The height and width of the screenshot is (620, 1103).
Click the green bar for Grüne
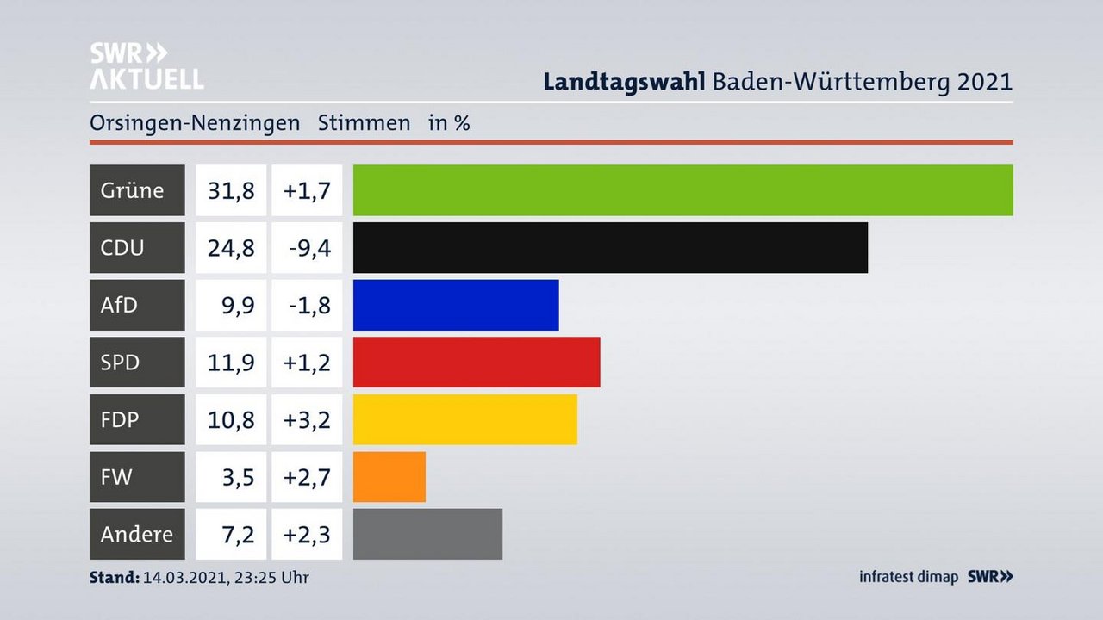[682, 190]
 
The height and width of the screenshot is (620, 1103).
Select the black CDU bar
[610, 248]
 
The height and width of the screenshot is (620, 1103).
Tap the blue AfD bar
[456, 305]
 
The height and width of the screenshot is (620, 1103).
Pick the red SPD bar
[477, 363]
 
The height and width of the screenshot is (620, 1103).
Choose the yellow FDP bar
[464, 419]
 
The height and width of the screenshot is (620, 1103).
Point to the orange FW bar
[389, 477]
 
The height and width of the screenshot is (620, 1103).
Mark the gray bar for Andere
[427, 534]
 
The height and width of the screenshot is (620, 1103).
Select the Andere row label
[137, 534]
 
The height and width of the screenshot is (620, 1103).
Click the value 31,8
[231, 190]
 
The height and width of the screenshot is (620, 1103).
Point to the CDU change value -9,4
[308, 248]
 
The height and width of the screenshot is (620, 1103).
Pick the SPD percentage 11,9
[231, 363]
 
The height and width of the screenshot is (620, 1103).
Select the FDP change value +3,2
[308, 419]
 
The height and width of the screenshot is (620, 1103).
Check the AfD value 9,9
[236, 305]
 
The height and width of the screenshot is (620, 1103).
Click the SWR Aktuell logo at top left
[146, 65]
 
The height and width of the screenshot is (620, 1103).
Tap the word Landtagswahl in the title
[625, 82]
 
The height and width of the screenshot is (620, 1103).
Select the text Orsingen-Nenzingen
[195, 123]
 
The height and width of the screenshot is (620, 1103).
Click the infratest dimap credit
[908, 577]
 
